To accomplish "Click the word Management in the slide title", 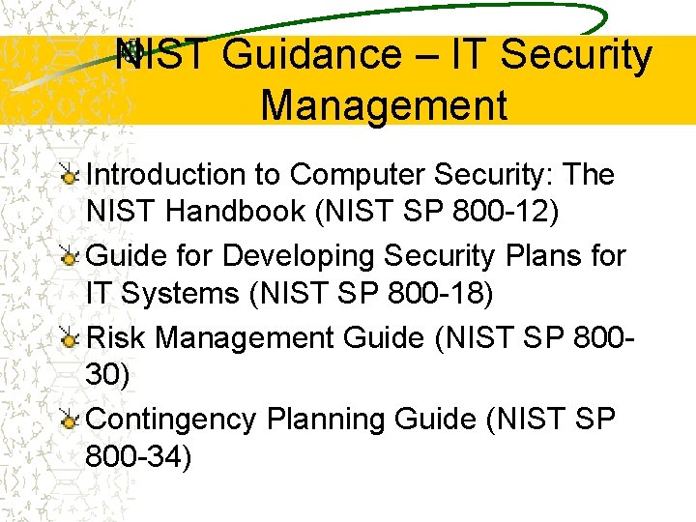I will [384, 104].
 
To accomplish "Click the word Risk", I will [117, 337].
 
